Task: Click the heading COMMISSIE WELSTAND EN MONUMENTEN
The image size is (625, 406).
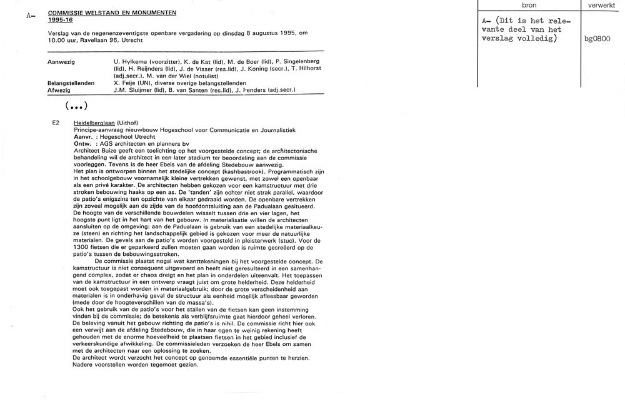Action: click(x=112, y=13)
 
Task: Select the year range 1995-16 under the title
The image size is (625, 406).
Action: click(x=59, y=19)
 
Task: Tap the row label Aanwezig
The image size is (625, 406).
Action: click(x=61, y=62)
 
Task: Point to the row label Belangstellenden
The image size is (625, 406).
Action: click(x=71, y=83)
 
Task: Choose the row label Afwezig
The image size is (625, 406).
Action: click(x=59, y=89)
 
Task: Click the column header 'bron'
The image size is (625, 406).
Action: click(x=528, y=5)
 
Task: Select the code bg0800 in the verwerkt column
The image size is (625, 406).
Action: click(x=597, y=38)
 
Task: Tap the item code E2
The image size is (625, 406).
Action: click(x=56, y=123)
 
